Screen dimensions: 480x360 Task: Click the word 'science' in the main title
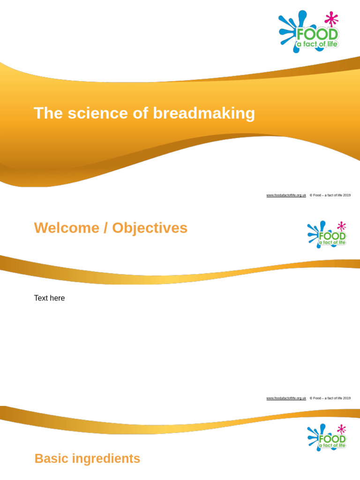97,113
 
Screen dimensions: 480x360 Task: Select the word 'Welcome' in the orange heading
67,228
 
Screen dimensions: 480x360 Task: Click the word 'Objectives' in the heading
150,228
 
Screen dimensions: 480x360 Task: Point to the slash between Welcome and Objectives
105,228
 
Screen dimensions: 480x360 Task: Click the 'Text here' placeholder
49,298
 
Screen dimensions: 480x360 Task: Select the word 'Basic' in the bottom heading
51,458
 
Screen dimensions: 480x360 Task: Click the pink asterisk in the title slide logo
331,18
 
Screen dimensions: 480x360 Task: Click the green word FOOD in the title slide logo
317,35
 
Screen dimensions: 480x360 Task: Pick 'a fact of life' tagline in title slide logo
316,45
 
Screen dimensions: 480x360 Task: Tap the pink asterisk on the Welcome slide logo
341,226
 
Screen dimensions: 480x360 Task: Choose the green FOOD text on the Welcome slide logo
332,236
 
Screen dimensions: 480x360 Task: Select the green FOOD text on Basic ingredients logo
332,439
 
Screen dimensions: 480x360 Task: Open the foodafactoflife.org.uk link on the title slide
286,195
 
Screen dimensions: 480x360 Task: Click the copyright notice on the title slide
330,195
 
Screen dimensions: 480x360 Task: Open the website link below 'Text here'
286,398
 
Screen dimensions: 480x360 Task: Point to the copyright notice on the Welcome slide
330,398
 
